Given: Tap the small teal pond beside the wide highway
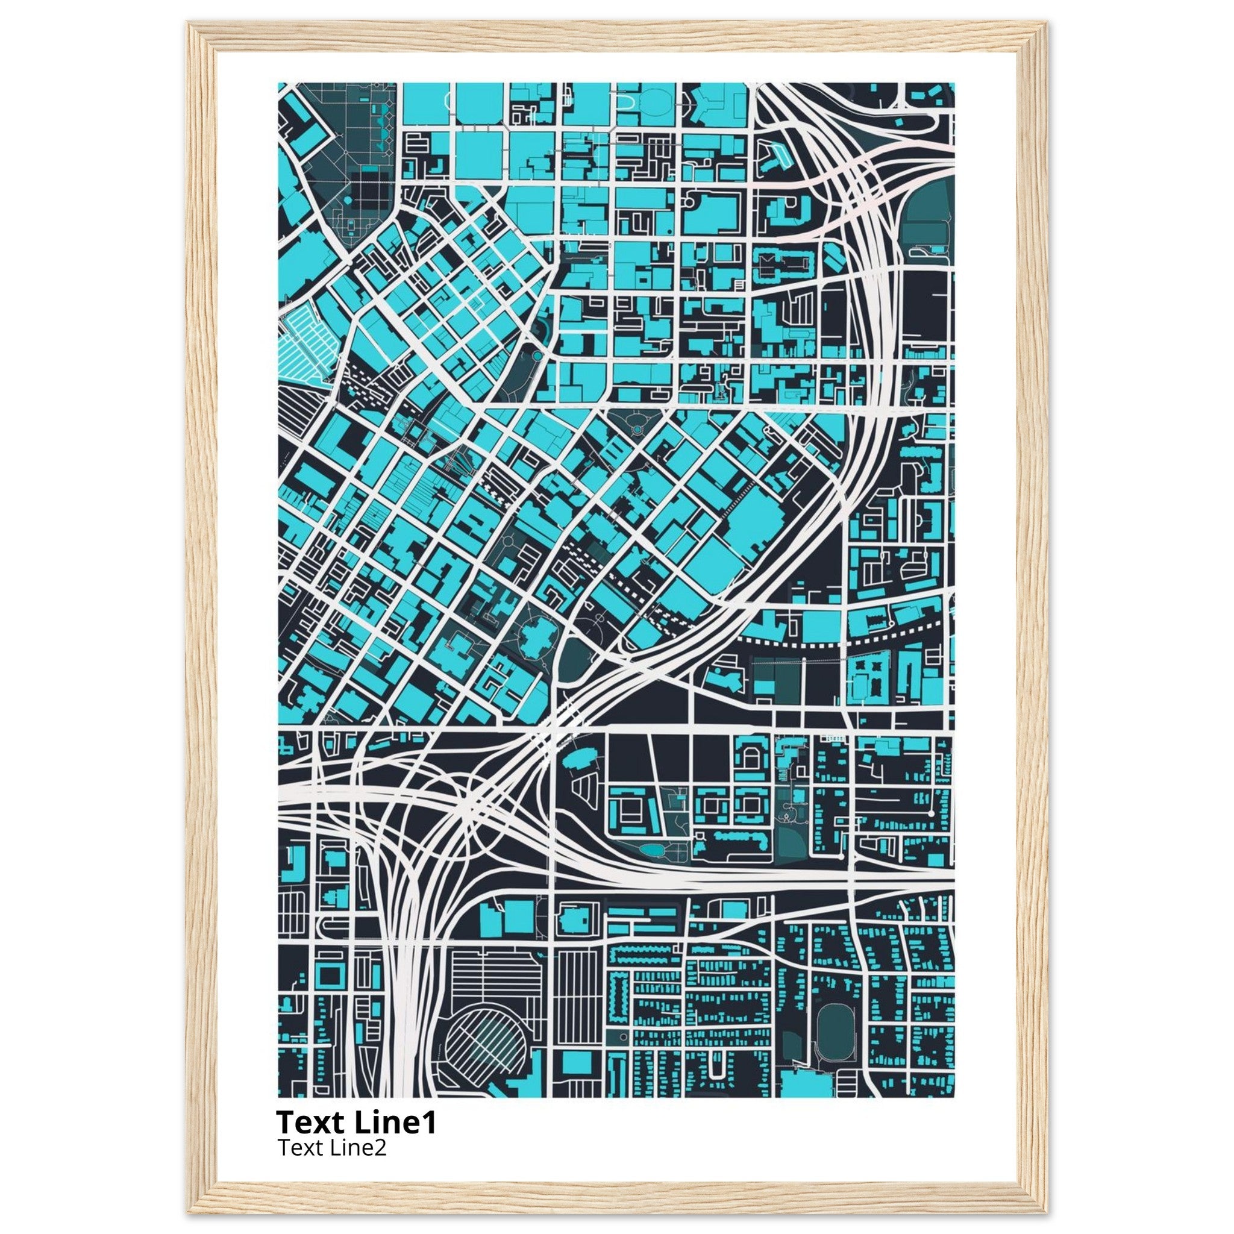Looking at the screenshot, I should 652,850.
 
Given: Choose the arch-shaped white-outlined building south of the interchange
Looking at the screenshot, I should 752,759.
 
